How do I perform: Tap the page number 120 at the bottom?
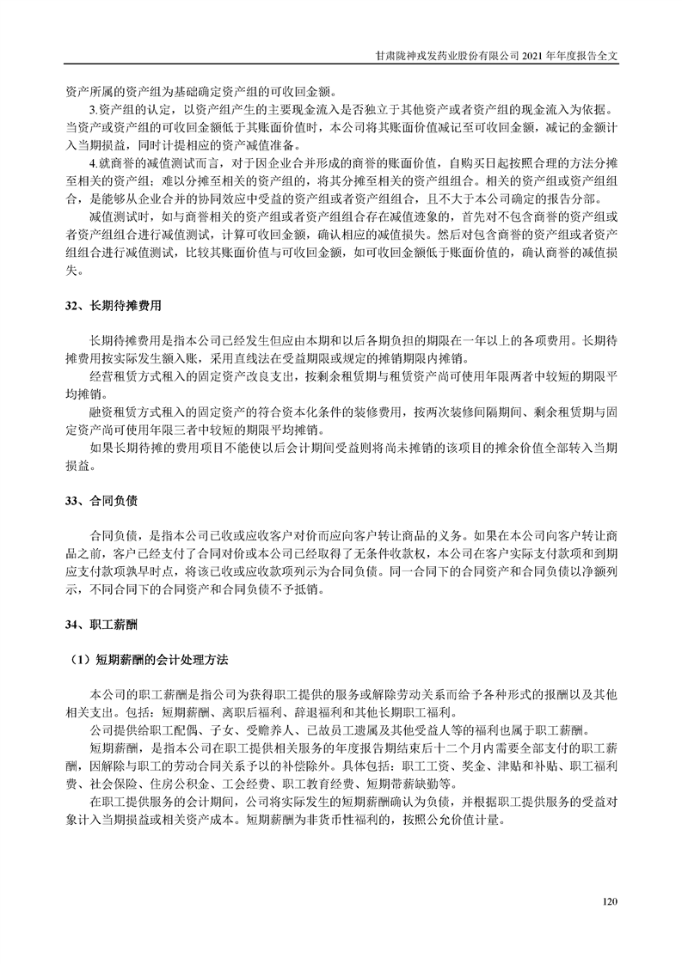[x=611, y=901]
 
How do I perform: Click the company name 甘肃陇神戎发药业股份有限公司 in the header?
[x=447, y=53]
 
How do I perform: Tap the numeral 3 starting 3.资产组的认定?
[x=93, y=111]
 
